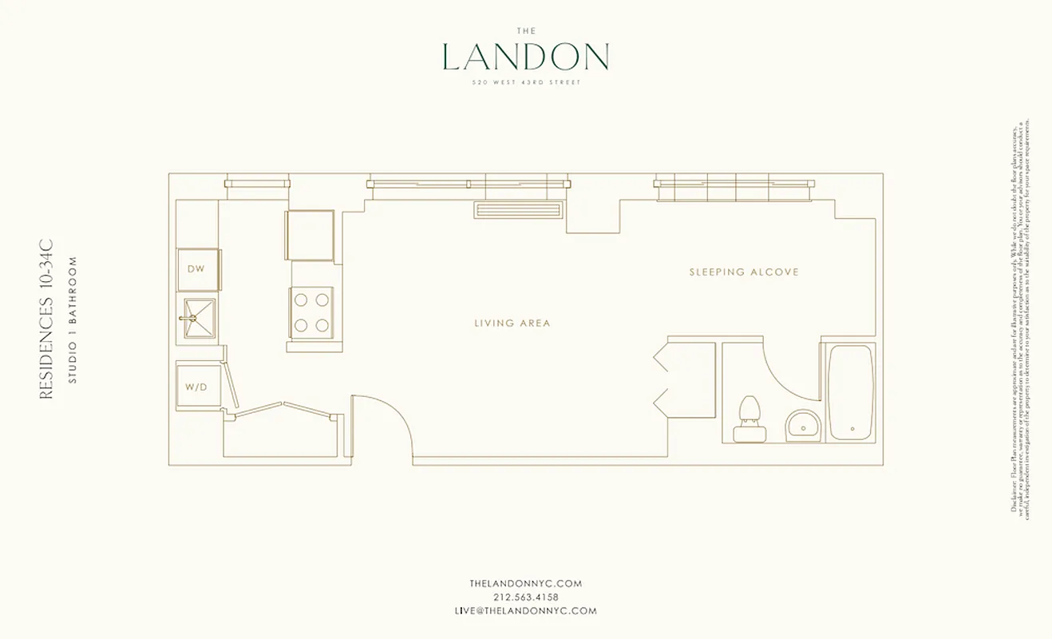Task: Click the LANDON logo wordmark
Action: (x=525, y=57)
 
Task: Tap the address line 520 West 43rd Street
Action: (x=525, y=81)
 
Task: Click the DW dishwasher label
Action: (x=196, y=269)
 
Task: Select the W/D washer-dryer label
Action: (x=196, y=387)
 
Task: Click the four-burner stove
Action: (x=311, y=312)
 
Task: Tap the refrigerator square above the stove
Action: (x=310, y=235)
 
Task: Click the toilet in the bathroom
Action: (x=749, y=419)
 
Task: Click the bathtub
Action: (x=852, y=391)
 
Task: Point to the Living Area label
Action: (x=512, y=323)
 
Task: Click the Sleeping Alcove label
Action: (x=744, y=272)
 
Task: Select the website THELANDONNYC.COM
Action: (x=525, y=584)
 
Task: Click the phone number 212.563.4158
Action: (x=525, y=597)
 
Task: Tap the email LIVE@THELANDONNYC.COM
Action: (x=525, y=611)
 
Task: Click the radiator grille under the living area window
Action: (x=519, y=210)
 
